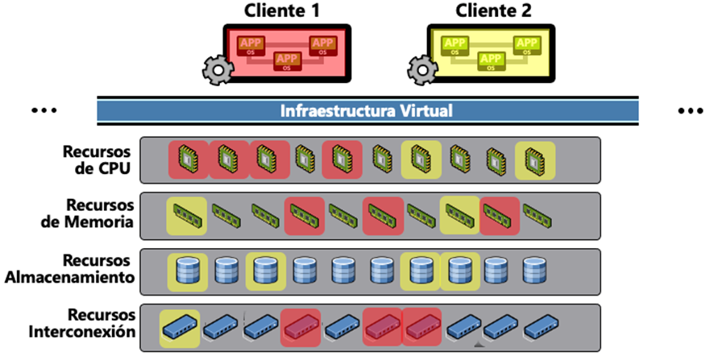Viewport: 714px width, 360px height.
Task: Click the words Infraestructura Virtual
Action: [367, 110]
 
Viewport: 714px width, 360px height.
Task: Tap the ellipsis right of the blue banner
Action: [691, 110]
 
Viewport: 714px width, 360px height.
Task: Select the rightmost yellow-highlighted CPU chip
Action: [535, 159]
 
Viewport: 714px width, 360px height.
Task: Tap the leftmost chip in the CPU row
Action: [188, 159]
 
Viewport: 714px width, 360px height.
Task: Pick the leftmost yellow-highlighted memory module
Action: [186, 214]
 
